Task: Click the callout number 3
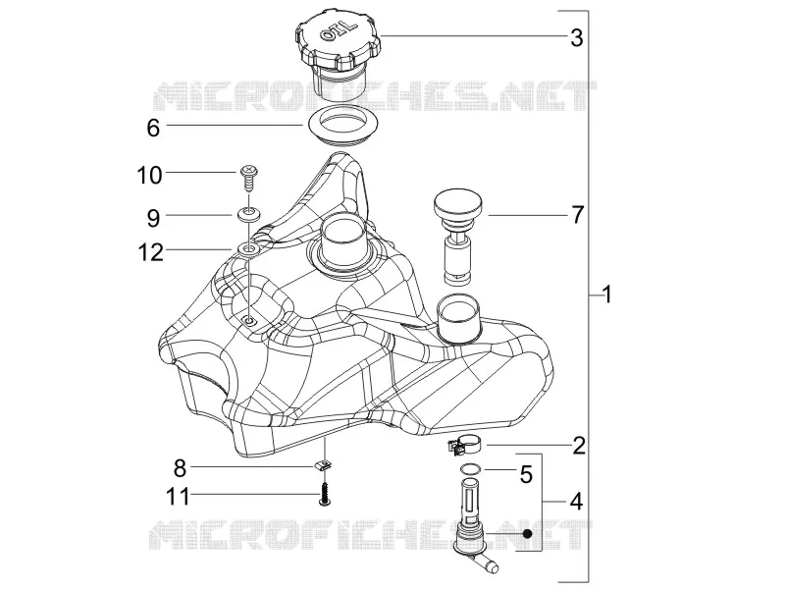[x=577, y=38]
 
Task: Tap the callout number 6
[x=153, y=129]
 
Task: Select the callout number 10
[x=150, y=176]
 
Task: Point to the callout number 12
[x=151, y=253]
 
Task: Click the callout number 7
[x=577, y=215]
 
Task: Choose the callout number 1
[x=606, y=294]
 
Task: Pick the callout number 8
[x=180, y=469]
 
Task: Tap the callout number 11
[x=179, y=498]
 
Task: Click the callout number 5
[x=526, y=474]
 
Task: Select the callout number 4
[x=577, y=502]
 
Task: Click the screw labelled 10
[x=249, y=179]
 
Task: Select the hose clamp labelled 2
[x=465, y=445]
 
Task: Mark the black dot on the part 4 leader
[x=527, y=534]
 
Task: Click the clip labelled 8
[x=325, y=465]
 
